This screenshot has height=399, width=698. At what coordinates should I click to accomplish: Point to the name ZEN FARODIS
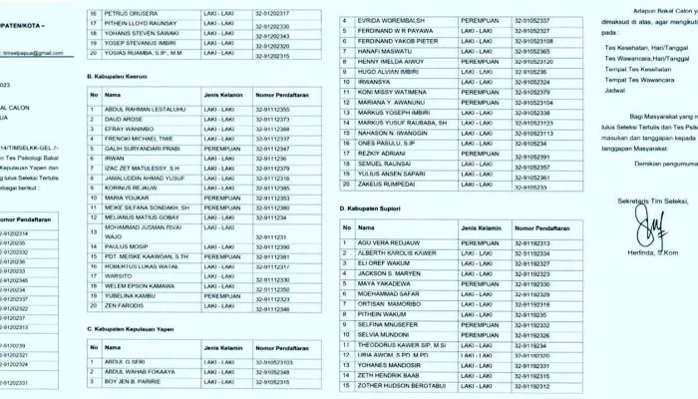click(x=126, y=309)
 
